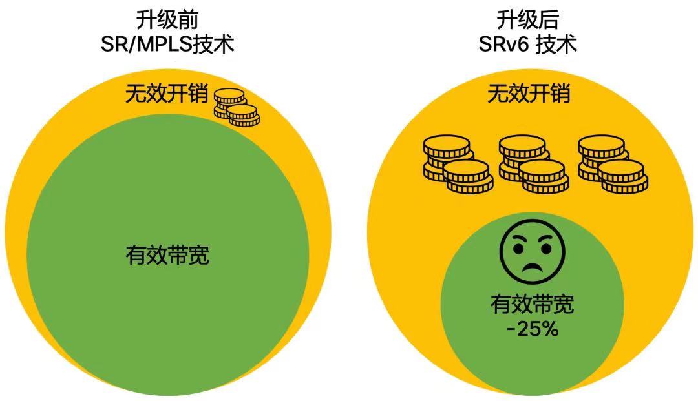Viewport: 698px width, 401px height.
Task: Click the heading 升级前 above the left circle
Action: click(x=167, y=20)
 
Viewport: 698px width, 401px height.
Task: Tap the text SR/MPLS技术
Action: click(x=167, y=45)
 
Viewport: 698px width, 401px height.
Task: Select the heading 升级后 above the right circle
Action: click(x=528, y=20)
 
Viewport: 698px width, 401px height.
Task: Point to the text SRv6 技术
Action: click(x=528, y=45)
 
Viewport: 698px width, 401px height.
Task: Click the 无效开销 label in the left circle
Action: click(x=167, y=94)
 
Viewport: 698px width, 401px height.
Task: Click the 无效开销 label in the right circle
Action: click(x=529, y=94)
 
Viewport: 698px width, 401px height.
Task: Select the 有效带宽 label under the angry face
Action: click(x=533, y=305)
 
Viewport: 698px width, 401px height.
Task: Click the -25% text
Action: click(x=533, y=329)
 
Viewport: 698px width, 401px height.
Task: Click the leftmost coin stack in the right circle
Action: click(x=458, y=164)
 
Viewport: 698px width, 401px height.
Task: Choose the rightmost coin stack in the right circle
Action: click(x=613, y=164)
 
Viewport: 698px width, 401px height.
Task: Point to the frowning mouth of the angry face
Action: click(x=532, y=267)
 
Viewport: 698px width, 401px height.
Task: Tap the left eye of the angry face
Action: click(x=518, y=247)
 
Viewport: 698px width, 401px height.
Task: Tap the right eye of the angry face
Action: click(x=545, y=247)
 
